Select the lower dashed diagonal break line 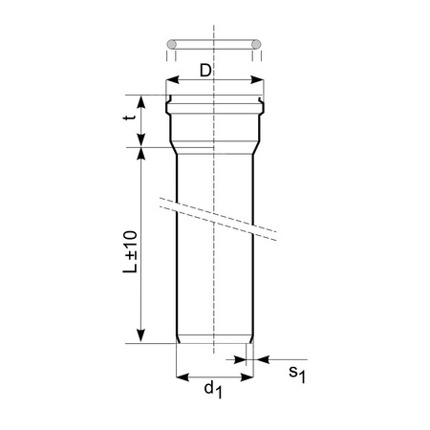coord(215,226)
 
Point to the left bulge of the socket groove coord(168,99)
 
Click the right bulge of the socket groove coord(262,99)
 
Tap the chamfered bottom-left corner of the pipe coord(179,340)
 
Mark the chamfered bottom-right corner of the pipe coord(251,340)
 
